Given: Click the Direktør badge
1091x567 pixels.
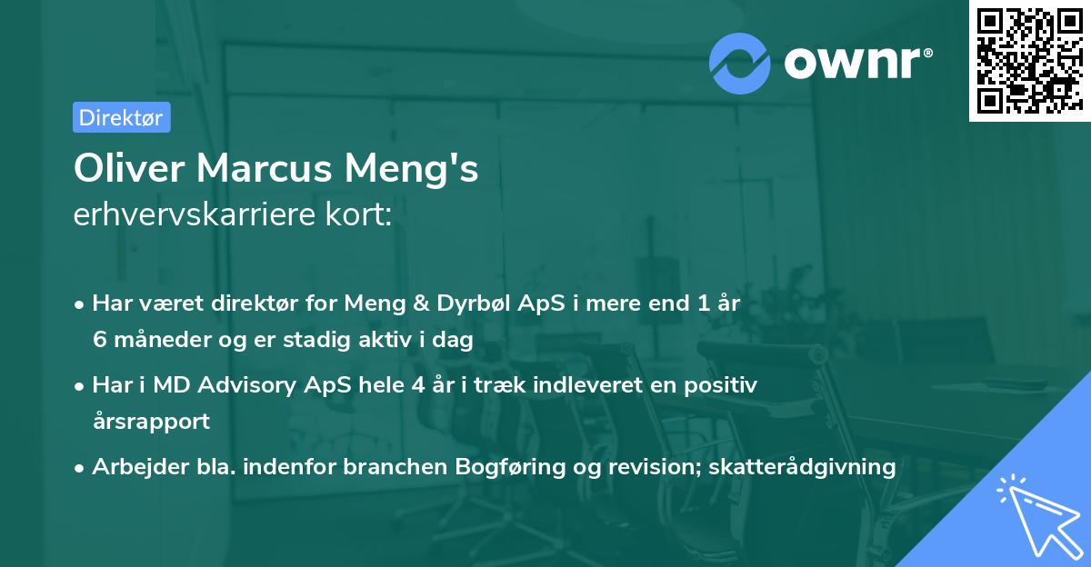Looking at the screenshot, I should click(121, 117).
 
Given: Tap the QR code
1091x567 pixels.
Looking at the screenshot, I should click(1029, 61).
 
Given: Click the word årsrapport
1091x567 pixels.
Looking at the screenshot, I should click(151, 421).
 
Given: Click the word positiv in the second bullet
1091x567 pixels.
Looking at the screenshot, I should click(725, 385).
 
